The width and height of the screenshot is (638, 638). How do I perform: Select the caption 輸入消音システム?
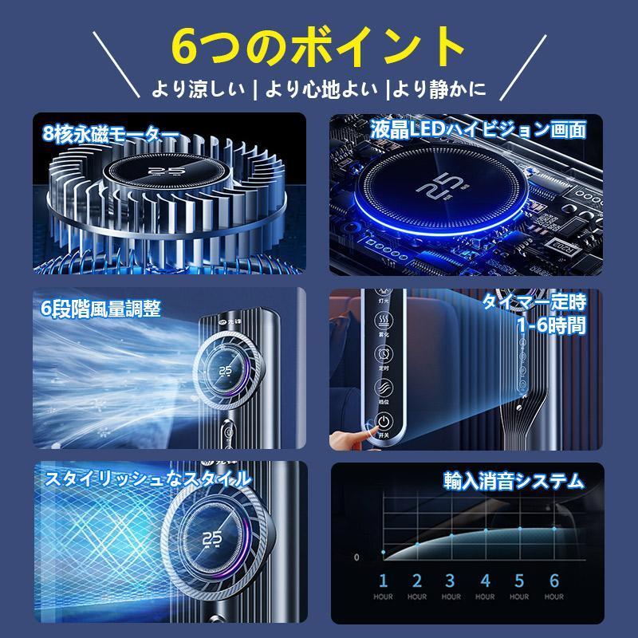513,481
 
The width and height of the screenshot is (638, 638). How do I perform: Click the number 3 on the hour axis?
451,580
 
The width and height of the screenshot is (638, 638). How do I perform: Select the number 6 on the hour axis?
554,580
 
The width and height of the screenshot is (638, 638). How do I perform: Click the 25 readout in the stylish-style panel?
211,540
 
